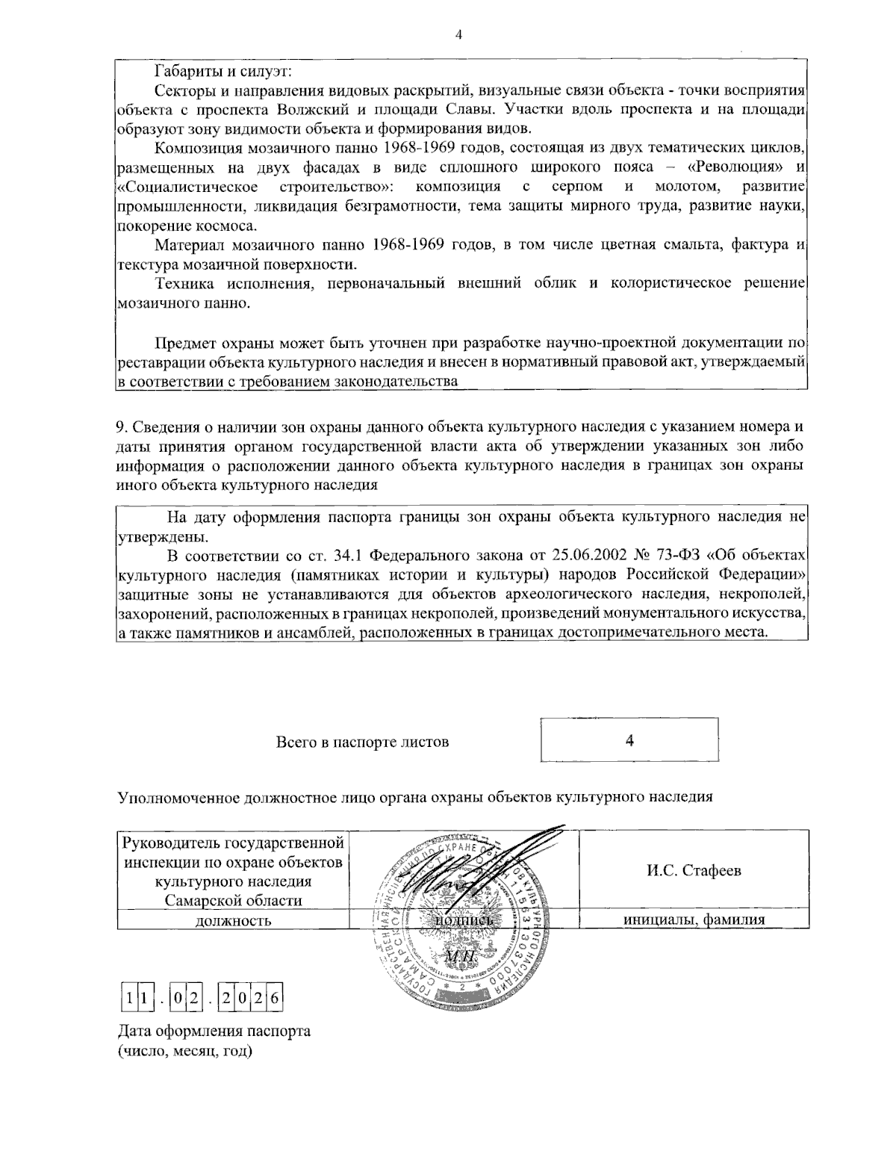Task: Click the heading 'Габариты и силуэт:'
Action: [223, 72]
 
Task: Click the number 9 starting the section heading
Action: [120, 427]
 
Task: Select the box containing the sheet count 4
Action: [629, 739]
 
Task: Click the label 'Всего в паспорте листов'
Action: [363, 742]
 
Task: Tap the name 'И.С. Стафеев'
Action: [694, 871]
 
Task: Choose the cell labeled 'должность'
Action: [232, 920]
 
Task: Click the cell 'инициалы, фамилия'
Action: [694, 920]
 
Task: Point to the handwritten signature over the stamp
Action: [485, 866]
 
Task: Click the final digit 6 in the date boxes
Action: [274, 996]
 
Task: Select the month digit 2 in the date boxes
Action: [195, 996]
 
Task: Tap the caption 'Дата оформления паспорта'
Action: [214, 1032]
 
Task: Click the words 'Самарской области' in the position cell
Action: [233, 900]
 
